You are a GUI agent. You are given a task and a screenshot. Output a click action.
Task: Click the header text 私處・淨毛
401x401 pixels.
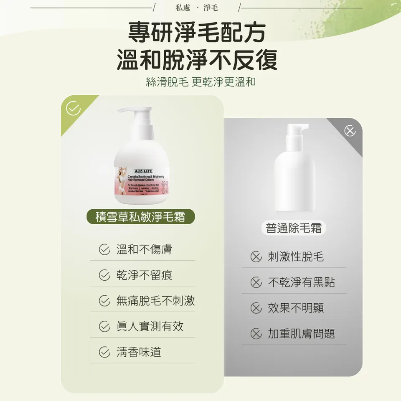pyautogui.click(x=197, y=8)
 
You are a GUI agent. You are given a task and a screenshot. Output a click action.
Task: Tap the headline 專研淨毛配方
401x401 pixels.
pyautogui.click(x=196, y=33)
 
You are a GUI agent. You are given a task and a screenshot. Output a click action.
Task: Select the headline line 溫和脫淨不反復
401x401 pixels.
pyautogui.click(x=197, y=59)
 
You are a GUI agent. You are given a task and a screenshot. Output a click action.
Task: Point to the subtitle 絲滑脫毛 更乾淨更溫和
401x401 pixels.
pyautogui.click(x=200, y=82)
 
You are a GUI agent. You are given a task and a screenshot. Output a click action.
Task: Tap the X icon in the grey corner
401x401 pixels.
pyautogui.click(x=350, y=131)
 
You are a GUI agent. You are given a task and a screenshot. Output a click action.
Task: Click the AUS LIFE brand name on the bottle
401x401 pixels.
pyautogui.click(x=143, y=171)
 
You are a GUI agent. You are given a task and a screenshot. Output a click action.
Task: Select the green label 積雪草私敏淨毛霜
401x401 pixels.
pyautogui.click(x=140, y=217)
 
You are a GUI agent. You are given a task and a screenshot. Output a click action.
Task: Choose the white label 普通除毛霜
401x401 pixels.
pyautogui.click(x=294, y=228)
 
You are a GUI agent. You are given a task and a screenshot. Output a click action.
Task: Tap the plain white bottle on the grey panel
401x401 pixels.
pyautogui.click(x=294, y=171)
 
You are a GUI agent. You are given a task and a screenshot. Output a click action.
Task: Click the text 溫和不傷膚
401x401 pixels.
pyautogui.click(x=144, y=250)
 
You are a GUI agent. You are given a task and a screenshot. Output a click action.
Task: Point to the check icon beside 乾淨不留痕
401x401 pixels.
pyautogui.click(x=104, y=275)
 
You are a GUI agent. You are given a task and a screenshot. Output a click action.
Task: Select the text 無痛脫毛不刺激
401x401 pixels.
pyautogui.click(x=155, y=301)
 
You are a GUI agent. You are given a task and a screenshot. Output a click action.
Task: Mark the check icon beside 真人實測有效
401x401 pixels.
pyautogui.click(x=104, y=327)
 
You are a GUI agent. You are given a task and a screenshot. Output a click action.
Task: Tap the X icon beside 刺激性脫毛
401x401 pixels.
pyautogui.click(x=256, y=257)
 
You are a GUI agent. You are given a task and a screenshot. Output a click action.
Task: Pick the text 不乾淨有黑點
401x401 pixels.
pyautogui.click(x=301, y=282)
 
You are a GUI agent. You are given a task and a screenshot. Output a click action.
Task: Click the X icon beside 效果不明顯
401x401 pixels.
pyautogui.click(x=256, y=308)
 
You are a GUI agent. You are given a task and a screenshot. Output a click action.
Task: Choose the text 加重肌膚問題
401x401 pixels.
pyautogui.click(x=301, y=334)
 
